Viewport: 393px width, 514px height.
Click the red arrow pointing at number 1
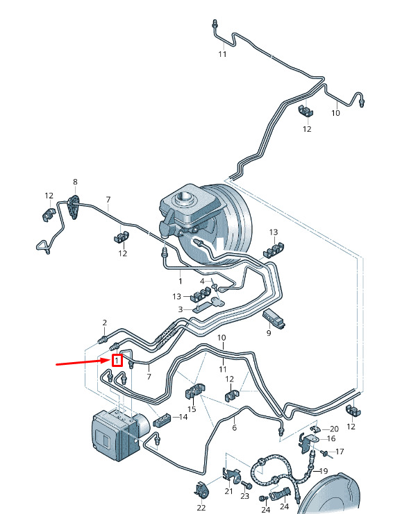[x=83, y=362]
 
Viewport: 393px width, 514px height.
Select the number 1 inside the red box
[x=117, y=361]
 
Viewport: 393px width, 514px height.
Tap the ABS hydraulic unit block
[x=119, y=434]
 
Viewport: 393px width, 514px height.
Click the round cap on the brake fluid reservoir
[x=183, y=197]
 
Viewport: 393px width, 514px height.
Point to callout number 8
[x=76, y=182]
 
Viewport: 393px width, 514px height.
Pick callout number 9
[x=269, y=333]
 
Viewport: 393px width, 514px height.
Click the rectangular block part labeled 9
[x=274, y=318]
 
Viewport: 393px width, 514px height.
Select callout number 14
[x=183, y=417]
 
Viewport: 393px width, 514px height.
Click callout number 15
[x=192, y=409]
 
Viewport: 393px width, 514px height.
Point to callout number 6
[x=234, y=427]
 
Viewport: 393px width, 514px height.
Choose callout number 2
[x=105, y=323]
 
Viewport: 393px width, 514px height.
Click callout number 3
[x=181, y=309]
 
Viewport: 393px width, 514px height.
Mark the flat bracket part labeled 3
[x=208, y=305]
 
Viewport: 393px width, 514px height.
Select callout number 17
[x=340, y=452]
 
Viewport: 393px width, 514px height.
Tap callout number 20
[x=334, y=429]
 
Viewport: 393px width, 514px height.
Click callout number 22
[x=201, y=508]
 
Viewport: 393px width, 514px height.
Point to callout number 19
[x=324, y=471]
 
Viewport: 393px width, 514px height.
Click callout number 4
[x=203, y=281]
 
